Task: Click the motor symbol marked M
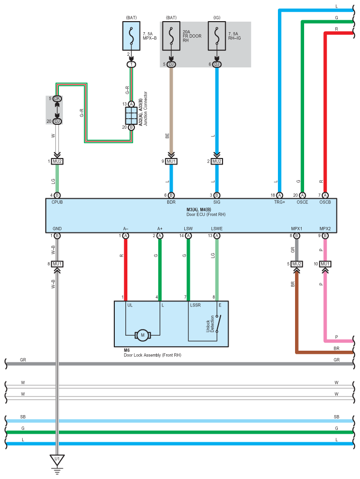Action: tap(142, 335)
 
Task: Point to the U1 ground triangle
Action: tap(57, 460)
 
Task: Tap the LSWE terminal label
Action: tap(217, 228)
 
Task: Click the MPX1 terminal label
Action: tap(296, 228)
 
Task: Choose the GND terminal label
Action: tap(57, 228)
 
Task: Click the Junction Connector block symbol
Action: tap(131, 117)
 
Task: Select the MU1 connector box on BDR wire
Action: tap(171, 162)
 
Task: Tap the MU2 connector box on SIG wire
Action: tap(217, 162)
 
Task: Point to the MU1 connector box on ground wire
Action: tap(57, 264)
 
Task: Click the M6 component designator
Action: tap(127, 349)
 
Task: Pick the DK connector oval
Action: tap(57, 99)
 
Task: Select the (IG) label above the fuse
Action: tap(217, 18)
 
